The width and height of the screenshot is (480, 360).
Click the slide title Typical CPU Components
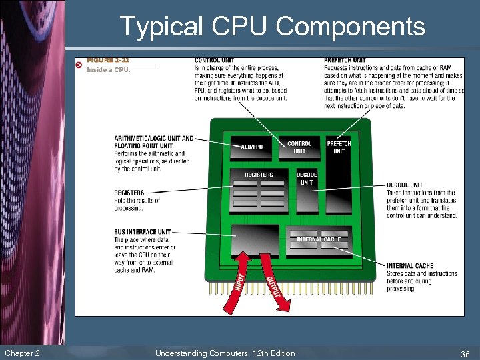pos(272,27)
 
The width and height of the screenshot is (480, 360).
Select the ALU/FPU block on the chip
pos(251,147)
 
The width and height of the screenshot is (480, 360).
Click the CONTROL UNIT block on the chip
pos(299,147)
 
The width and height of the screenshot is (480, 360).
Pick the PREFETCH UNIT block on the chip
pos(339,147)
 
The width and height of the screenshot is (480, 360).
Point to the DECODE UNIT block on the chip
pos(307,179)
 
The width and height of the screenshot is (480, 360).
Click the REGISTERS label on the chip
pos(259,175)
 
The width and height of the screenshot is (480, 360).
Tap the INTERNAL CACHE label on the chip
pos(319,239)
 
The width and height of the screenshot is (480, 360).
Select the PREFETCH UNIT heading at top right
pos(345,61)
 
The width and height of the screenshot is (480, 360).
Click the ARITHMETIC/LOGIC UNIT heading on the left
pos(153,139)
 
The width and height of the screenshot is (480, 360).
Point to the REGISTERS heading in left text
pos(129,193)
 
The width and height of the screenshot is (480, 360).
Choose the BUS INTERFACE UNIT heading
pos(142,232)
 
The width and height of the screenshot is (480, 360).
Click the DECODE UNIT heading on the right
pos(405,185)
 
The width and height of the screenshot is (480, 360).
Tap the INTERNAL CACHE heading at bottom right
pos(409,267)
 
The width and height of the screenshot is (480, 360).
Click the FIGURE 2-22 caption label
pos(108,61)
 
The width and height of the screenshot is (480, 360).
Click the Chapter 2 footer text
pos(21,353)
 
